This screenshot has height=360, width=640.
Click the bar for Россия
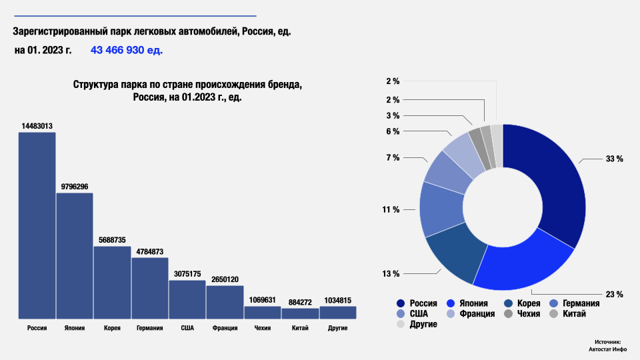37,225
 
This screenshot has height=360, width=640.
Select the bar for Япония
75,256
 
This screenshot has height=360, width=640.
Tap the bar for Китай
300,313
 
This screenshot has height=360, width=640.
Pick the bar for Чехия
263,312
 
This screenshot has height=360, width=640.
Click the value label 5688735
112,240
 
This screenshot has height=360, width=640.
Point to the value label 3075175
187,274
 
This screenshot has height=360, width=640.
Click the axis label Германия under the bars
149,329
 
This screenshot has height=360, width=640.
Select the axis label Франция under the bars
225,329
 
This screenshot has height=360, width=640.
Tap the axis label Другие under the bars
337,329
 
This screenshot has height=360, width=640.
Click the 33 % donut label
614,159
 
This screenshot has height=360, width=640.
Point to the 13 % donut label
391,274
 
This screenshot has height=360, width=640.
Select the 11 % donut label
391,209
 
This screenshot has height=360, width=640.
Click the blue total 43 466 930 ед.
127,50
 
